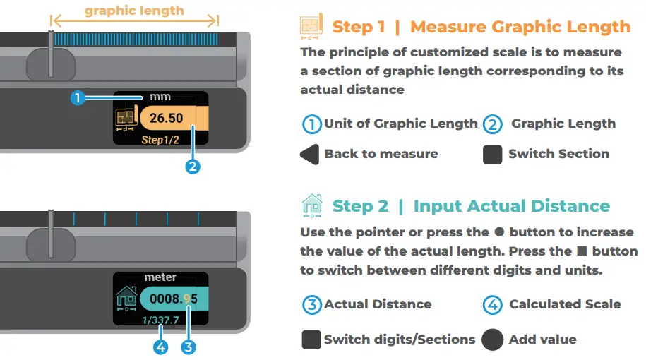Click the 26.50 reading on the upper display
point(166,118)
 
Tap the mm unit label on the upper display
point(160,97)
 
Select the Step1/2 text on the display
point(160,140)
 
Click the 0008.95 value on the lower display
point(174,299)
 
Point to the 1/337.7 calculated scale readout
point(160,320)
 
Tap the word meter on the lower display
point(160,277)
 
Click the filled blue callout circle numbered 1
point(78,98)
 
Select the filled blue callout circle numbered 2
point(193,167)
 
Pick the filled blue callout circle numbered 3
point(189,347)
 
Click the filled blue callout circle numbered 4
point(161,347)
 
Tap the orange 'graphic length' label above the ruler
point(134,11)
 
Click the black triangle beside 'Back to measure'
point(310,155)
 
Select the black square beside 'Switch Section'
point(492,155)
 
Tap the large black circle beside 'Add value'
point(492,340)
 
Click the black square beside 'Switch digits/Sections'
point(311,340)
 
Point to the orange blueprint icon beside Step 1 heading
point(311,26)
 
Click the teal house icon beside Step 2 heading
point(312,205)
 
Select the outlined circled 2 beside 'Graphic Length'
point(492,124)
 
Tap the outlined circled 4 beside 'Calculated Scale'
point(492,305)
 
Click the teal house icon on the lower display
point(126,298)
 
